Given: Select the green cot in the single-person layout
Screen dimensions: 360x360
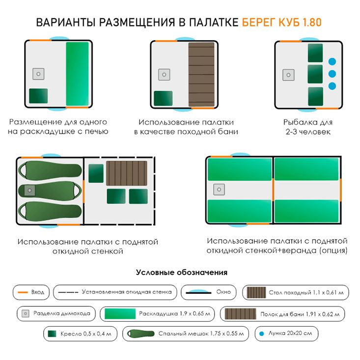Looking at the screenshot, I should pyautogui.click(x=78, y=74).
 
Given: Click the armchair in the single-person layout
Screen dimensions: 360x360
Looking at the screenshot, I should pyautogui.click(x=38, y=96).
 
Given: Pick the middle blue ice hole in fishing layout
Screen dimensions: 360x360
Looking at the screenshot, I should pyautogui.click(x=332, y=74).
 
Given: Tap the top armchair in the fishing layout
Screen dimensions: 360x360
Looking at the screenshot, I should pyautogui.click(x=315, y=52).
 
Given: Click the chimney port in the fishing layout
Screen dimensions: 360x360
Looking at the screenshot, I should pyautogui.click(x=289, y=75).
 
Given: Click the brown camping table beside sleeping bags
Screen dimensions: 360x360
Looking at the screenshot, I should pyautogui.click(x=127, y=173).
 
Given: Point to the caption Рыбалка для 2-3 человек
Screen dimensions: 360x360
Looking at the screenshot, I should pyautogui.click(x=308, y=127).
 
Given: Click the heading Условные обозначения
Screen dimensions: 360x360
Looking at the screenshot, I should pyautogui.click(x=181, y=272).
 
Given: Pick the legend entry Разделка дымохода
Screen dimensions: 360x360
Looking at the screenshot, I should pyautogui.click(x=55, y=313).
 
